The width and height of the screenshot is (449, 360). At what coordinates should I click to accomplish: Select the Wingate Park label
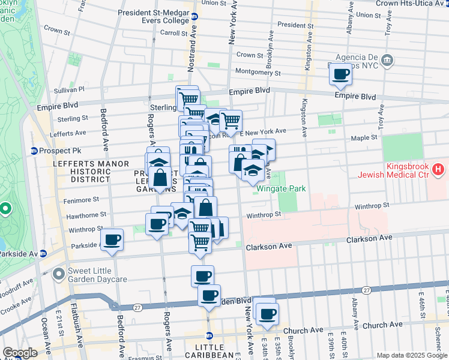pos(281,188)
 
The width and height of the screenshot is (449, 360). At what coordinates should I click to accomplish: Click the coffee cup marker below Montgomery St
pos(340,74)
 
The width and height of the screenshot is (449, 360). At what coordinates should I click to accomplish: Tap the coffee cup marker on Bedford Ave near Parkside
pos(112,241)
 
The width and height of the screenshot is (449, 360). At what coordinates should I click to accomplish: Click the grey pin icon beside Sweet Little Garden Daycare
pos(58,275)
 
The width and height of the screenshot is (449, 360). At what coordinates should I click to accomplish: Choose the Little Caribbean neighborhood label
pos(209,348)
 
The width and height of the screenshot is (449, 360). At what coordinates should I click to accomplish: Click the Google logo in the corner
pos(19,353)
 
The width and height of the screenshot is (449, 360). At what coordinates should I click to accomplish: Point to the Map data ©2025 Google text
pos(412,355)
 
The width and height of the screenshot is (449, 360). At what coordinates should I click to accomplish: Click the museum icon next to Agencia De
pos(387,60)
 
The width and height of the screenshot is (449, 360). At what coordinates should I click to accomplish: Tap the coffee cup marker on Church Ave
pos(266,313)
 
